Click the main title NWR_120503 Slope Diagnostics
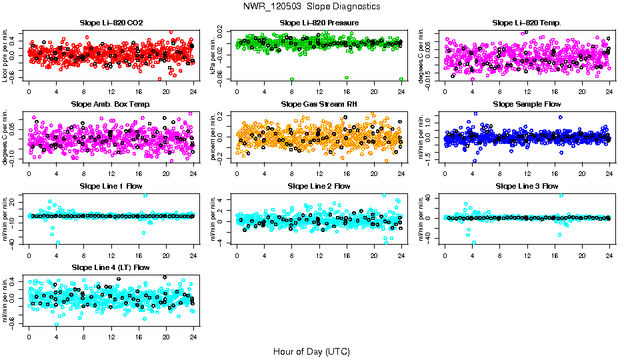312,6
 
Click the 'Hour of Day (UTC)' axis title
311,351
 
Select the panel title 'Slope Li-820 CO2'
111,23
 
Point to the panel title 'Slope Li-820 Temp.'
527,23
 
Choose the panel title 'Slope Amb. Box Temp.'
111,105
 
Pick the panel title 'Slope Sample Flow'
527,105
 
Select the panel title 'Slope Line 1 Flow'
111,186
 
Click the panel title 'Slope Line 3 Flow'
527,186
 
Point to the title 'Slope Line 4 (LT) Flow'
111,267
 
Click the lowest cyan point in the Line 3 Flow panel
474,243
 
